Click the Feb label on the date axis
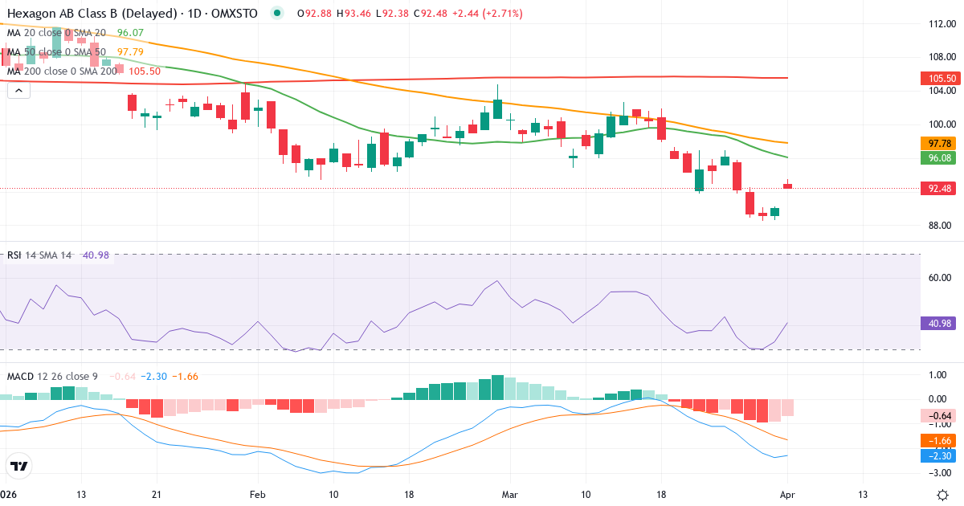point(257,494)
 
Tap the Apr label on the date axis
point(786,494)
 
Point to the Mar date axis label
point(509,494)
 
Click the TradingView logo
point(18,467)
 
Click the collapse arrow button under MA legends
point(18,91)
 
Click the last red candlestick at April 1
point(788,186)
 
